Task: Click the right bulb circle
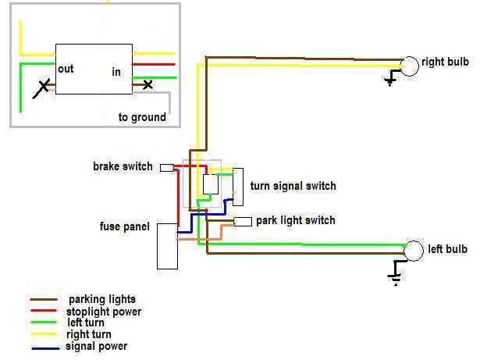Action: pyautogui.click(x=410, y=66)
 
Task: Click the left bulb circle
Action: pyautogui.click(x=413, y=251)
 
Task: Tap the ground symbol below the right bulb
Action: pyautogui.click(x=391, y=80)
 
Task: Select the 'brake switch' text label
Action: pyautogui.click(x=123, y=167)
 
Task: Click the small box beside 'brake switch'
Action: pyautogui.click(x=166, y=168)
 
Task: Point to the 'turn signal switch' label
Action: pyautogui.click(x=293, y=186)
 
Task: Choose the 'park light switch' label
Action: pyautogui.click(x=295, y=220)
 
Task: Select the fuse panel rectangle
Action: pyautogui.click(x=167, y=246)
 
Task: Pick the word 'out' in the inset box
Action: pyautogui.click(x=66, y=70)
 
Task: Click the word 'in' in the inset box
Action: pyautogui.click(x=116, y=72)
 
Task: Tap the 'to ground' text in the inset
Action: pyautogui.click(x=142, y=117)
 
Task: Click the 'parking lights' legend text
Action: pyautogui.click(x=101, y=299)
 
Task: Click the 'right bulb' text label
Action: pyautogui.click(x=445, y=62)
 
